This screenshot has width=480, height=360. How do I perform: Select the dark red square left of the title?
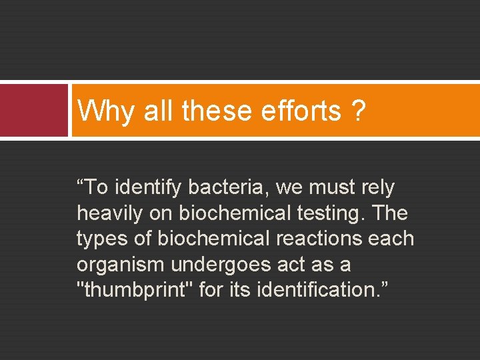click(34, 110)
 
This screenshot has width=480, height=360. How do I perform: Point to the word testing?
click(330, 213)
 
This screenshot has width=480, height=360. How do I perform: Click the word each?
click(392, 239)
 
